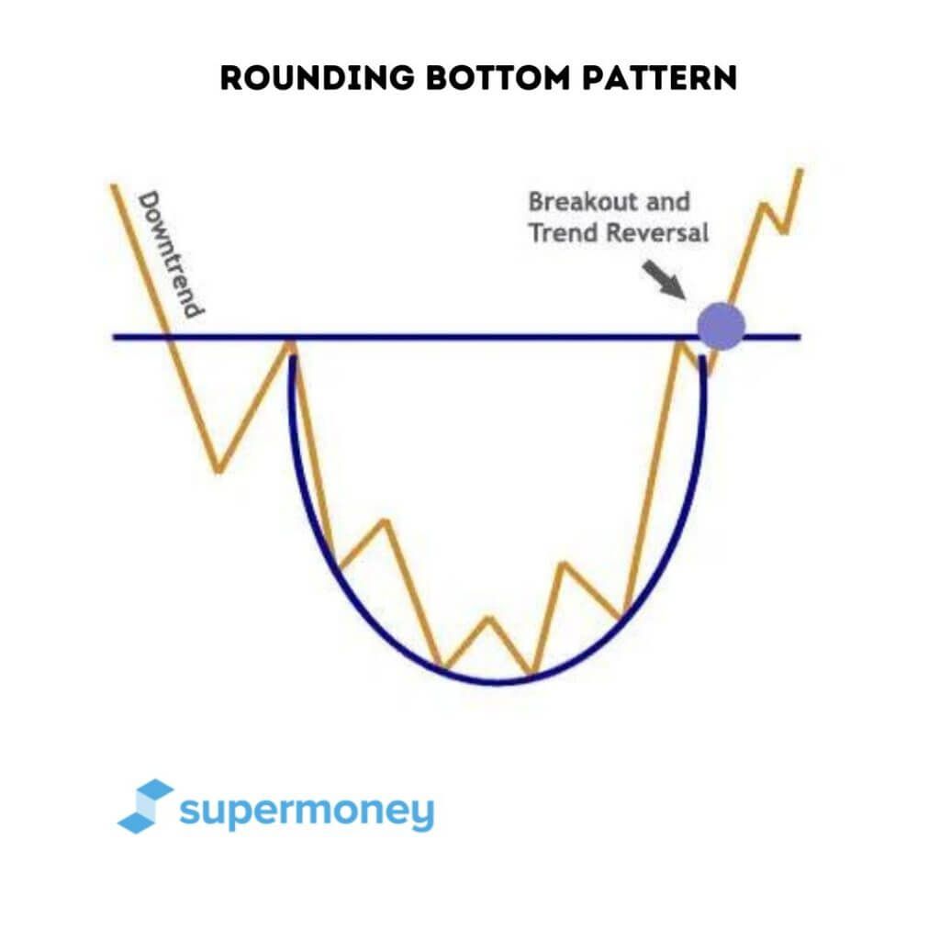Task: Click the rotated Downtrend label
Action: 170,254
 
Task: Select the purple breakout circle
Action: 721,326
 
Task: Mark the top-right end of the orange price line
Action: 800,171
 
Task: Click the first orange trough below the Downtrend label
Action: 218,471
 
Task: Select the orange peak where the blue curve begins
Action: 290,344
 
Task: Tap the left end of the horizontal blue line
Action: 116,337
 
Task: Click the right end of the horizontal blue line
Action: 799,337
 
